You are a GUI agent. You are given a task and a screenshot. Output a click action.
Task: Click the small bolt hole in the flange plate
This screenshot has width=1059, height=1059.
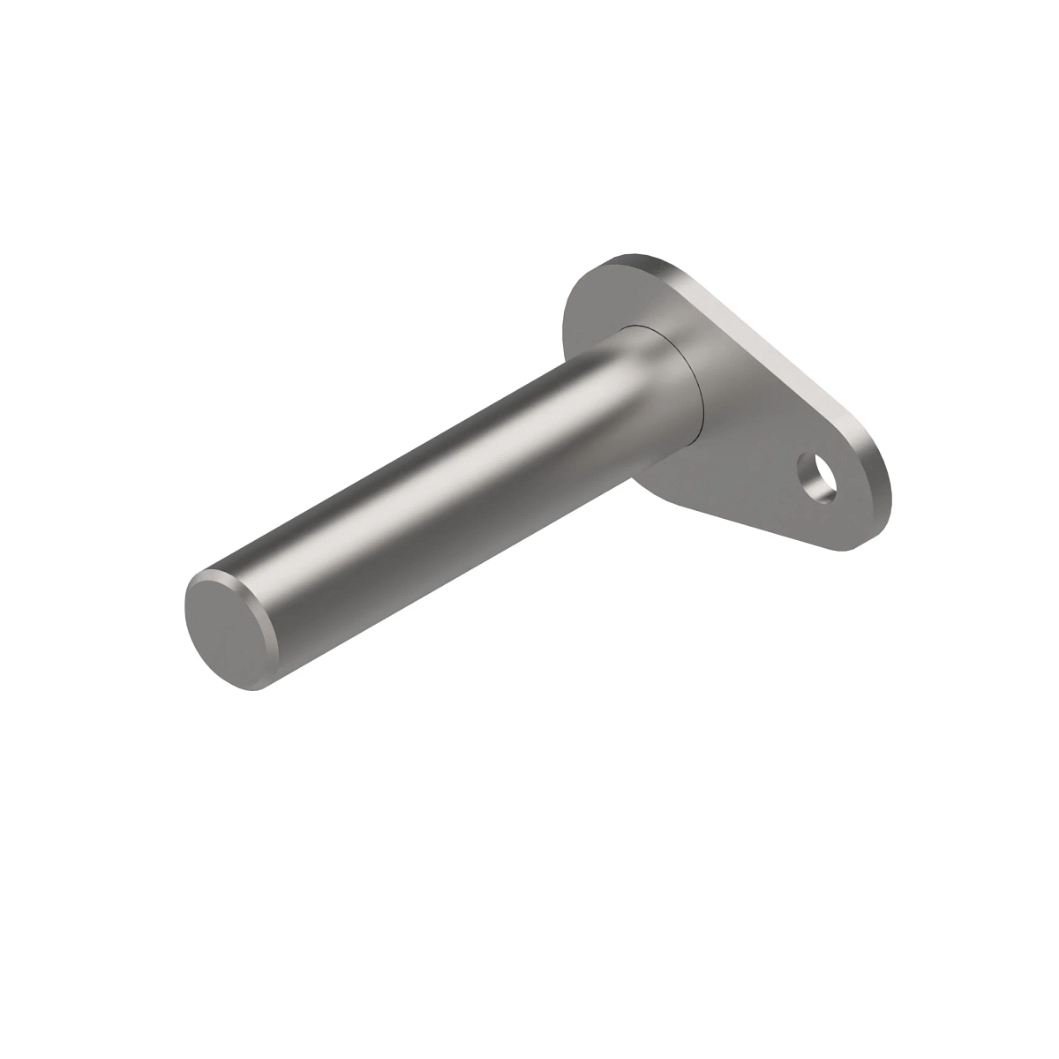819,477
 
